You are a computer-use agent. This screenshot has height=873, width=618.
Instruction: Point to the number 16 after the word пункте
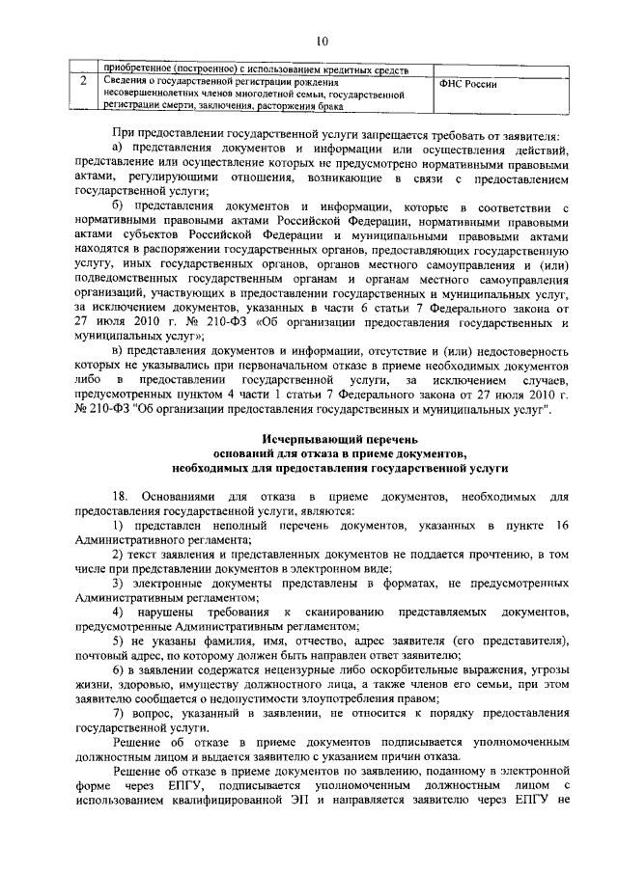pyautogui.click(x=559, y=527)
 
